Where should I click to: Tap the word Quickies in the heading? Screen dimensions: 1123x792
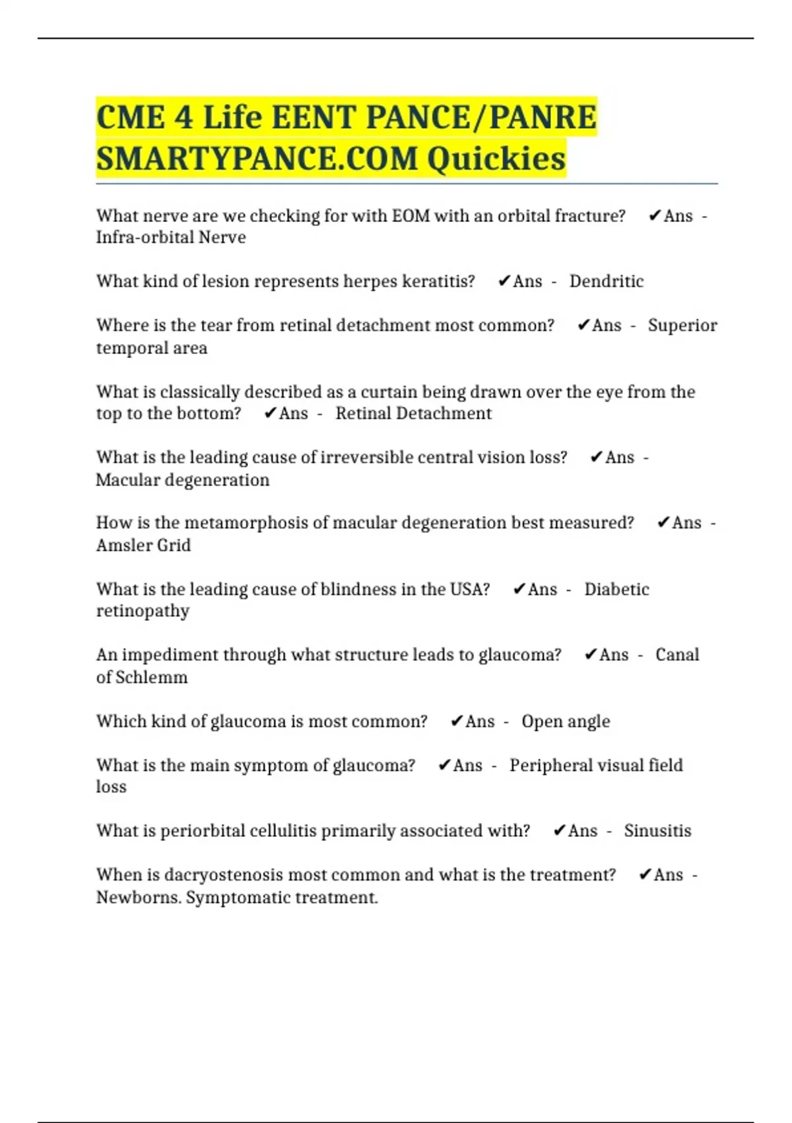496,159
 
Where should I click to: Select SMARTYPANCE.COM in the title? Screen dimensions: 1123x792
257,159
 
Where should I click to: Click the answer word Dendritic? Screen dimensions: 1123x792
606,281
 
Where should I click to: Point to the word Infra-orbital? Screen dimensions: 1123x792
138,237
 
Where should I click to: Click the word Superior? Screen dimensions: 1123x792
682,326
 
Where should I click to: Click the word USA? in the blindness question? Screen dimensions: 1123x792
470,589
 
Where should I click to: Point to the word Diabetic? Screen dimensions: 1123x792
616,589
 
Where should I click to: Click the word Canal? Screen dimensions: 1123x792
676,655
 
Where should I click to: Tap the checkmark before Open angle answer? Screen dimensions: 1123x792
457,721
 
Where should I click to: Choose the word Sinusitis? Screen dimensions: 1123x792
657,830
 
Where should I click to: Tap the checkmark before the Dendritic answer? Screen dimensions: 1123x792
504,281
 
